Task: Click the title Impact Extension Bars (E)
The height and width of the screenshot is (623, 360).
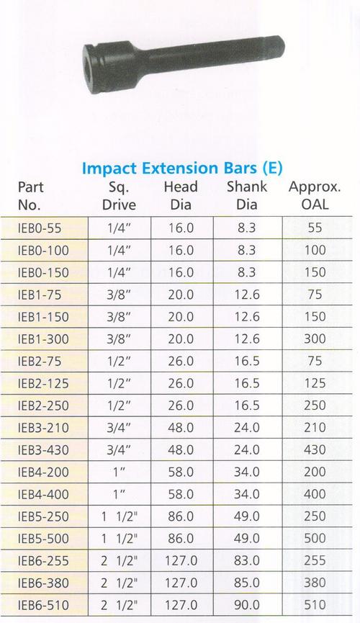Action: coord(182,169)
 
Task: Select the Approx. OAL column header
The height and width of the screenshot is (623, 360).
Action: coord(314,196)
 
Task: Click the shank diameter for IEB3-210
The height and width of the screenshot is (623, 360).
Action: coord(247,426)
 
